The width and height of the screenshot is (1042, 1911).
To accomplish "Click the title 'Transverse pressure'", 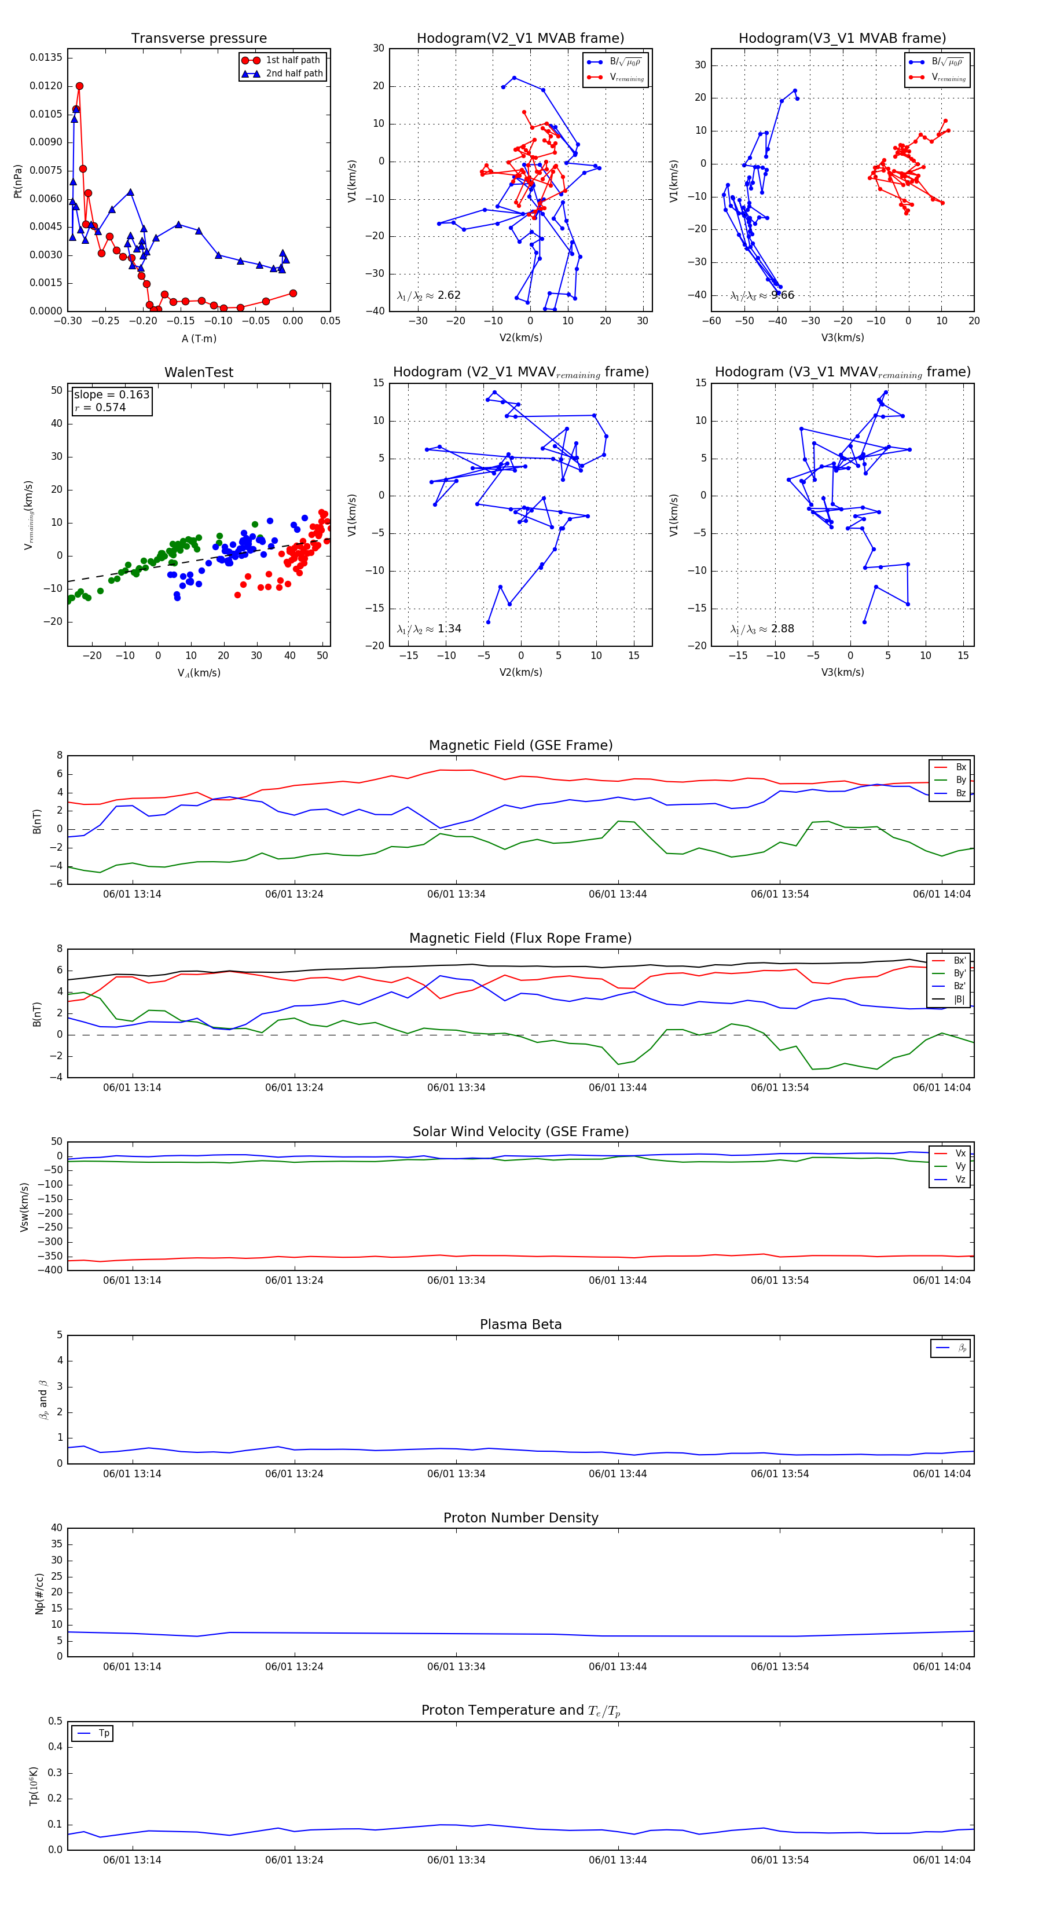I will (x=199, y=39).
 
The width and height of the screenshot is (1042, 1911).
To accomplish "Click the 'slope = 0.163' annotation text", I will (x=111, y=395).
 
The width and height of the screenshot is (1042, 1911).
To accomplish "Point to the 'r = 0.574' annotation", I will (x=100, y=407).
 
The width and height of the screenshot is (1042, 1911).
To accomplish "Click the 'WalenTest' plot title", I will (x=199, y=372).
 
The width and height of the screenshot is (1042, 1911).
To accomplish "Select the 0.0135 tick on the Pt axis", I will (x=46, y=58).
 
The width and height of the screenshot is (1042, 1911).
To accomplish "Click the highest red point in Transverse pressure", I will (x=79, y=86).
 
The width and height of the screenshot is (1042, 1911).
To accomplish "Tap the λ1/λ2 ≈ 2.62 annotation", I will (x=428, y=295).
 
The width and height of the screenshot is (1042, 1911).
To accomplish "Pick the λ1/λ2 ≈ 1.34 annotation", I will (x=428, y=629).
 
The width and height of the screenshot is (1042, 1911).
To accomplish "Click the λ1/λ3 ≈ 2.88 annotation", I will (x=762, y=629).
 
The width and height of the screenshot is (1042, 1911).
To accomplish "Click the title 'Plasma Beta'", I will (x=520, y=1324).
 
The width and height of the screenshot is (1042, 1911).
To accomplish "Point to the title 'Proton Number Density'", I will (x=520, y=1518).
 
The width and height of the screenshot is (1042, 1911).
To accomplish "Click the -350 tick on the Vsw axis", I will (x=52, y=1256).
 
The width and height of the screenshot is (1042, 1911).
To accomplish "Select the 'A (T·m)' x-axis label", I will (x=199, y=338).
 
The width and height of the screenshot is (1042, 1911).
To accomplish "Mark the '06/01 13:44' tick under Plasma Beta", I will (x=617, y=1473).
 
